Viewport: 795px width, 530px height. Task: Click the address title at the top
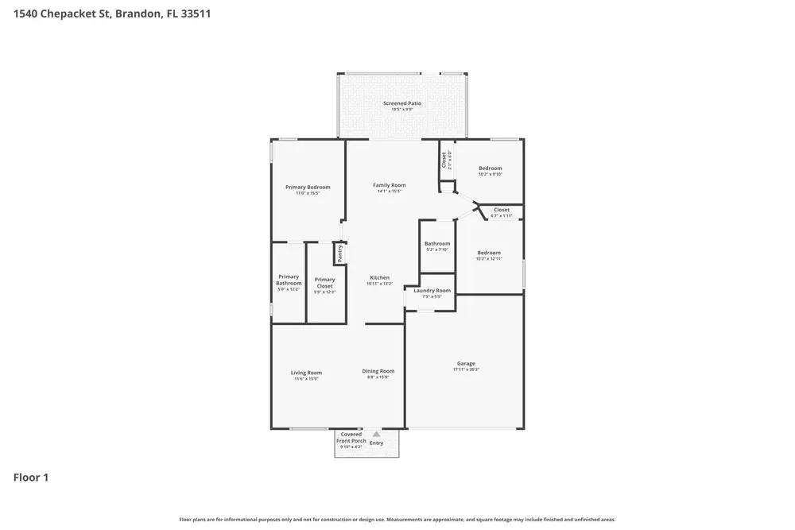click(x=111, y=14)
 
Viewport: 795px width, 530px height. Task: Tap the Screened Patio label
click(x=402, y=103)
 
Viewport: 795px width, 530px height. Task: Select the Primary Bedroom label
click(x=308, y=188)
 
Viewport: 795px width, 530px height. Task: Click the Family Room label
click(x=390, y=185)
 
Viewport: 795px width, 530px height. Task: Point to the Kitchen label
click(x=379, y=278)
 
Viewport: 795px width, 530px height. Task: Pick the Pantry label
click(x=339, y=253)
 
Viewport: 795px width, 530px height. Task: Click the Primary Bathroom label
click(x=289, y=280)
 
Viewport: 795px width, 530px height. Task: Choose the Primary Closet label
click(x=324, y=282)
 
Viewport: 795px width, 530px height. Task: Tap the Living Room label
click(x=306, y=373)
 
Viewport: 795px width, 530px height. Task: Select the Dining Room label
click(x=378, y=371)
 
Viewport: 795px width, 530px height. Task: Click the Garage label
click(x=466, y=364)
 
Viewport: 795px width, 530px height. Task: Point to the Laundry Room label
click(x=432, y=291)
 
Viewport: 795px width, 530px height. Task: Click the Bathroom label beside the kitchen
click(x=437, y=244)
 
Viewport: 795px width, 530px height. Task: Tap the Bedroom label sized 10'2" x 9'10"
click(x=490, y=168)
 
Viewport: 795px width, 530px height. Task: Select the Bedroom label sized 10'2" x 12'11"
click(x=489, y=253)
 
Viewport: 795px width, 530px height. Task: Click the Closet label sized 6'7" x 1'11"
click(x=501, y=211)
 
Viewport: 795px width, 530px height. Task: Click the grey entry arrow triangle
click(x=376, y=434)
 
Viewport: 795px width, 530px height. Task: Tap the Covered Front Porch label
click(x=351, y=438)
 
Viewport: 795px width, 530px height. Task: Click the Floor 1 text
click(x=31, y=478)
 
